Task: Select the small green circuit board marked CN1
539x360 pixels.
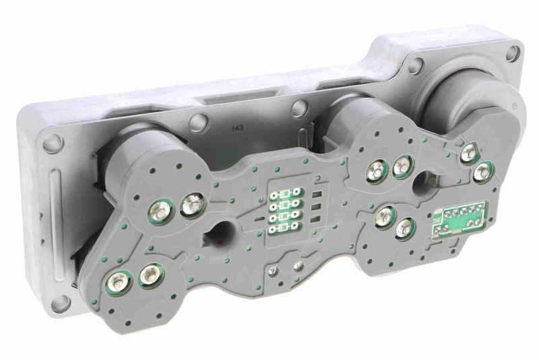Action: [461, 218]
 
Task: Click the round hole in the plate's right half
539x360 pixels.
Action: [426, 181]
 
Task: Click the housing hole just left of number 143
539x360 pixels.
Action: [198, 123]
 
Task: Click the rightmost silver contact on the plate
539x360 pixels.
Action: [481, 173]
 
